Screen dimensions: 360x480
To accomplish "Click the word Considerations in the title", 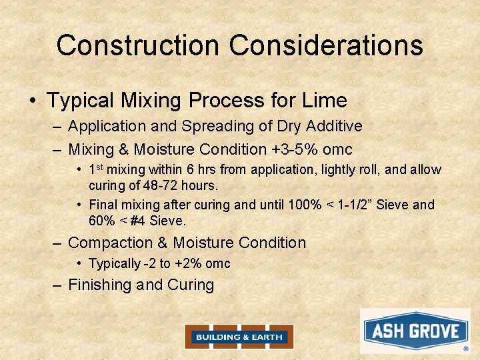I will point(326,45).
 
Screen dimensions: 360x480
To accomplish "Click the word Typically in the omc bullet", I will point(115,264).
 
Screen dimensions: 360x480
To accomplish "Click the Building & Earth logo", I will point(239,337).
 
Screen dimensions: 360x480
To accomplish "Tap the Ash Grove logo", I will point(415,331).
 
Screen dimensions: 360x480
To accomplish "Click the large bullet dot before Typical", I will point(33,101).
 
